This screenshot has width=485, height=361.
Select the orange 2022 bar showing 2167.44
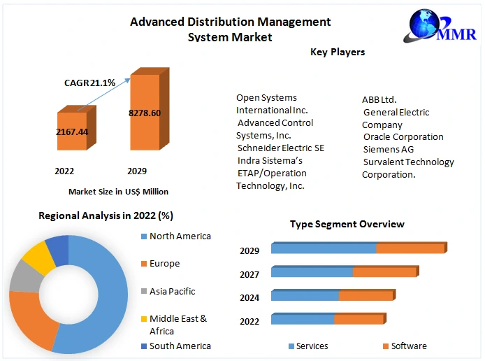tap(72, 131)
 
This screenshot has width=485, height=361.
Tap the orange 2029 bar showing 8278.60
tap(145, 113)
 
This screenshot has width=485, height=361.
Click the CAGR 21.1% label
tap(90, 83)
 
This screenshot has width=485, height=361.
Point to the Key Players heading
tap(338, 52)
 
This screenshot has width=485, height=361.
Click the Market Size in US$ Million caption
tap(118, 191)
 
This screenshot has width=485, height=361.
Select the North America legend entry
tap(180, 236)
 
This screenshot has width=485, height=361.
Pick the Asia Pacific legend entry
tap(172, 291)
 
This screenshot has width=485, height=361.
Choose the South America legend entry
tap(180, 346)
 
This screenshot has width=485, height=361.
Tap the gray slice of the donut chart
tap(24, 277)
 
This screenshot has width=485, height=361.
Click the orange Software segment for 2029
tap(410, 248)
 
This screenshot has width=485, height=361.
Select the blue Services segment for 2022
tap(303, 320)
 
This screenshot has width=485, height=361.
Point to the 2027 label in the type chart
tap(249, 274)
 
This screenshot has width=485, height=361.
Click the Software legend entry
tap(408, 346)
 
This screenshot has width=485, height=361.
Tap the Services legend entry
tap(312, 346)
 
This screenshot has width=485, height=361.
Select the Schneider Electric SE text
tap(280, 148)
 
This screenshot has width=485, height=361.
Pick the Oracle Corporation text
tap(403, 136)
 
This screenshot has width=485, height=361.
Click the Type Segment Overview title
tap(347, 224)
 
